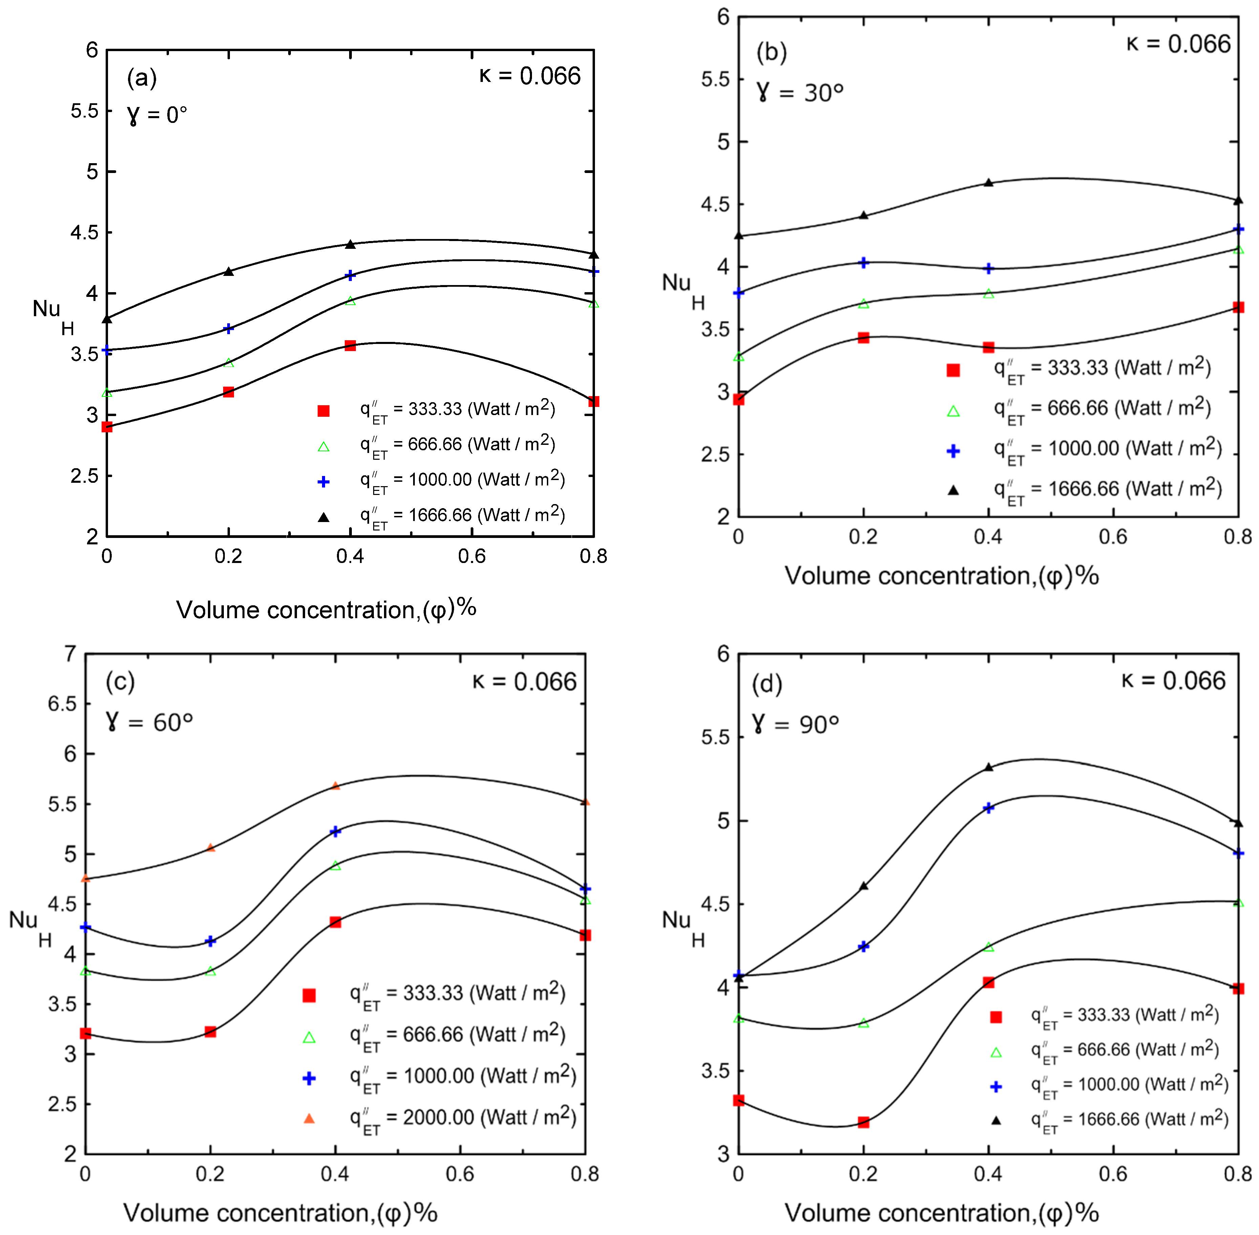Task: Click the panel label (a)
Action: point(142,79)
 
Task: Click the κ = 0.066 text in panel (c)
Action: point(524,682)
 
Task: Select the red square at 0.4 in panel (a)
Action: point(350,346)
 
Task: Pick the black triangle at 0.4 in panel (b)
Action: point(988,183)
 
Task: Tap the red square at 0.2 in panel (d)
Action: point(863,1122)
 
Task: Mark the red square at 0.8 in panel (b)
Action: point(1238,307)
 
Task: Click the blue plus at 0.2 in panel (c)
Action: point(210,941)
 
